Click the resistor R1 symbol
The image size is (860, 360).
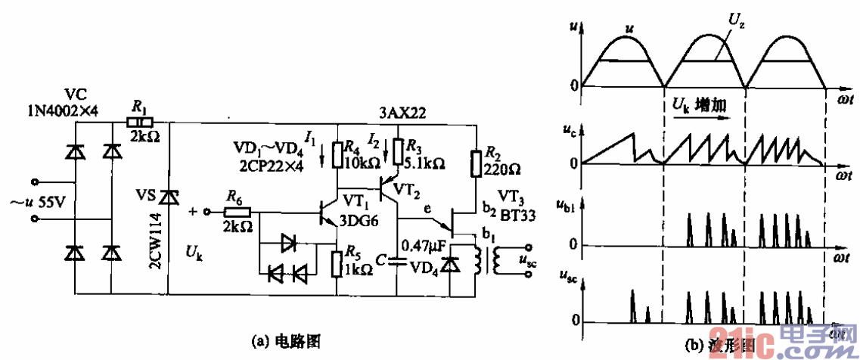click(140, 122)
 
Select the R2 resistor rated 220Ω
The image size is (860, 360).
click(476, 162)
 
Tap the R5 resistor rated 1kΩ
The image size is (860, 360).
click(338, 262)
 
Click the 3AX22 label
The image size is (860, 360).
click(403, 113)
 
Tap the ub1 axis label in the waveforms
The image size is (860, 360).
click(575, 204)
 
